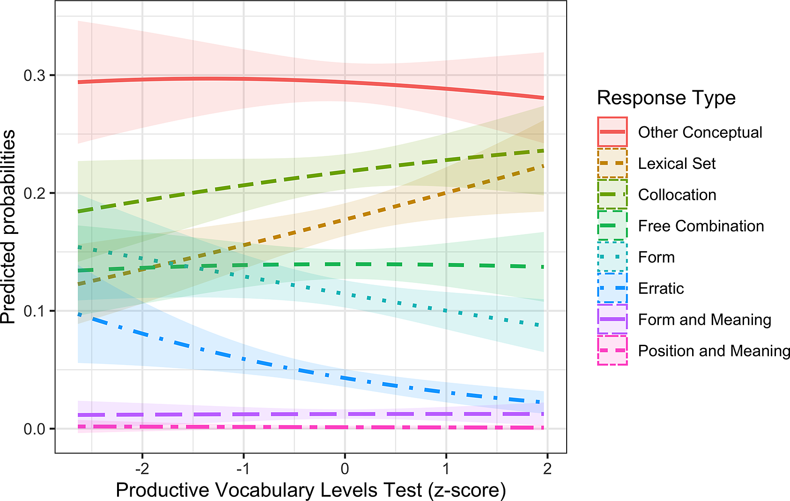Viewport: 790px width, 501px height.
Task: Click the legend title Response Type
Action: [x=666, y=98]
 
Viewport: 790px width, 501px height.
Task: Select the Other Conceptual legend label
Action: [x=700, y=132]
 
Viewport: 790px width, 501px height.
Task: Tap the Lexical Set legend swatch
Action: [x=612, y=163]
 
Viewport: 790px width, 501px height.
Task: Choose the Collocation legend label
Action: [x=677, y=195]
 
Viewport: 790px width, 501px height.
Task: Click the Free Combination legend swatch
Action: [x=612, y=226]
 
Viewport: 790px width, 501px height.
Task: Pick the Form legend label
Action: [x=656, y=257]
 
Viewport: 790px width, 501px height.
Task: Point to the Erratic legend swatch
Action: [x=612, y=288]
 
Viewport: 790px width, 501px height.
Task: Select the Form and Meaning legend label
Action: [x=704, y=319]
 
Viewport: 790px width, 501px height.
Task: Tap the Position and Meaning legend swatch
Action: [x=612, y=350]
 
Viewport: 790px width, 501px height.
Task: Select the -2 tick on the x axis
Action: [x=142, y=468]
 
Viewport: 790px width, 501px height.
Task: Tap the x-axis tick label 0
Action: [x=345, y=468]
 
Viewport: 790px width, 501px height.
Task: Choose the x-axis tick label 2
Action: [x=547, y=468]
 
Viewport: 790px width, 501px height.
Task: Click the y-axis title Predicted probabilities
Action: [x=8, y=227]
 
